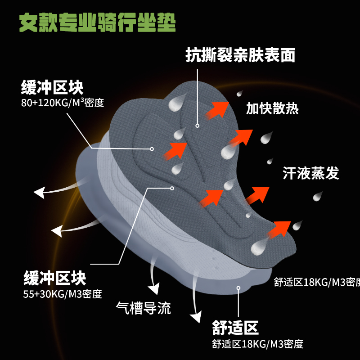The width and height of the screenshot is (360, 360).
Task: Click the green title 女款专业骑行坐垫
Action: click(97, 22)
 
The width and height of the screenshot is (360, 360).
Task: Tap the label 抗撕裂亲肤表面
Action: click(240, 55)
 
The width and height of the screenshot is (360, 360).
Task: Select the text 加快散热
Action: click(272, 108)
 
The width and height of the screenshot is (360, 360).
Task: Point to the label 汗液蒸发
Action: click(310, 173)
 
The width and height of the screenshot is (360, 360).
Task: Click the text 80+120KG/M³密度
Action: click(63, 103)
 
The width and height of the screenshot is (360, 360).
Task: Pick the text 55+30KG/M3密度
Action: click(63, 294)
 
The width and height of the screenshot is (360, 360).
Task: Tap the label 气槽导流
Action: click(144, 308)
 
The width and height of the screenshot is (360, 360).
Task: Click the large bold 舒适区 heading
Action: click(235, 327)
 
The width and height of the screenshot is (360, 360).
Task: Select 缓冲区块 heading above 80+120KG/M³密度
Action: click(52, 86)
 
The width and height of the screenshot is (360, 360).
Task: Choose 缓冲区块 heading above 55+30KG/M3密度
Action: click(54, 278)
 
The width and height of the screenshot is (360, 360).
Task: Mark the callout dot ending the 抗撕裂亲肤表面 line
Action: click(197, 126)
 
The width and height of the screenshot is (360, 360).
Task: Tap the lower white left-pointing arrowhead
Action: click(57, 231)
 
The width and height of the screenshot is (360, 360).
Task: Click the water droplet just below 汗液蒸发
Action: click(318, 196)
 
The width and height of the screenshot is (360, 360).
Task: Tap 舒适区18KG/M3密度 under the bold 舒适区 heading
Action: click(258, 344)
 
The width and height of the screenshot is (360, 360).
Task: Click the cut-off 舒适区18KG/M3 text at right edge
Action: click(317, 282)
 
